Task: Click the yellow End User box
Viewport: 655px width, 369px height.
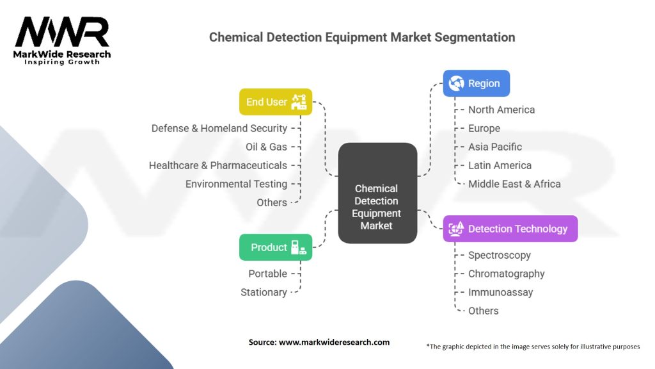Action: click(276, 102)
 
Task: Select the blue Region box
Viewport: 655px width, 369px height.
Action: click(477, 83)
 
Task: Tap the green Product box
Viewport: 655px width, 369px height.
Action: click(276, 247)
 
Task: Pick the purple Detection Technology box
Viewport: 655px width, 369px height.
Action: click(510, 229)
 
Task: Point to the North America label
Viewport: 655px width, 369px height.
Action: click(501, 110)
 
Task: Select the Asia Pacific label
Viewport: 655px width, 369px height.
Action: click(495, 147)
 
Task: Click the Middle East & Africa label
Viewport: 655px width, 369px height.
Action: click(514, 184)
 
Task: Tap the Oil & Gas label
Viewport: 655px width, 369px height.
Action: click(266, 147)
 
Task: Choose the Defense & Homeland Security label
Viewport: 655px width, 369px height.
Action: click(219, 128)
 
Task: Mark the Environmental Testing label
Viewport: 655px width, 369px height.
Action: click(236, 184)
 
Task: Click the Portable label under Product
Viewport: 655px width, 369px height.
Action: click(267, 274)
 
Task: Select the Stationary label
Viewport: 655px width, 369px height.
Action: click(264, 292)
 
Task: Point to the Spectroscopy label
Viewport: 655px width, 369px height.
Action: click(500, 255)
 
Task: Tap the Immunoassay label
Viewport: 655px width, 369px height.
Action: click(500, 292)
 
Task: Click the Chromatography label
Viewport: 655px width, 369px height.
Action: click(507, 274)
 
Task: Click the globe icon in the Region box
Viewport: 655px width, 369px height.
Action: click(457, 83)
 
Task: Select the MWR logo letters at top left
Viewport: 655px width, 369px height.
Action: click(62, 33)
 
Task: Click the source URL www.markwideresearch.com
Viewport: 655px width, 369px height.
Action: click(335, 342)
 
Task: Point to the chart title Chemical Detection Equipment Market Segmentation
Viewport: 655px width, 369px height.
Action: click(362, 37)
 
